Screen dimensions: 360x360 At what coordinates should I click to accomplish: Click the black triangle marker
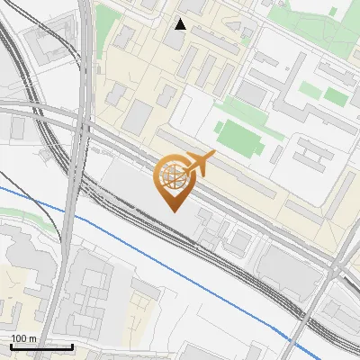tap(181, 24)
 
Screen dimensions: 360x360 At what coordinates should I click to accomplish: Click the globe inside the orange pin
tap(172, 175)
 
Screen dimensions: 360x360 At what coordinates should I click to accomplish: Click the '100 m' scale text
tap(22, 338)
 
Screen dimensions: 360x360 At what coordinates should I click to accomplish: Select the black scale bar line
tap(41, 346)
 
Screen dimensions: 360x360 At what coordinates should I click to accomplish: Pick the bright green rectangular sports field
tap(237, 138)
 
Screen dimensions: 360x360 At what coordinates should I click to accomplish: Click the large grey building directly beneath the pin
tap(144, 193)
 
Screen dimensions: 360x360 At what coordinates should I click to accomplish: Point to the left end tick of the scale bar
tap(11, 346)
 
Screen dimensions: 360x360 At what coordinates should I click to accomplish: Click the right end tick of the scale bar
tap(72, 346)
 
